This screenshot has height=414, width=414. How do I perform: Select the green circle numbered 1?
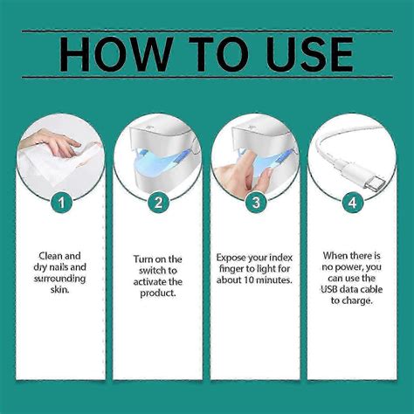pyautogui.click(x=60, y=203)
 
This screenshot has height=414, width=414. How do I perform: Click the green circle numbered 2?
pyautogui.click(x=158, y=203)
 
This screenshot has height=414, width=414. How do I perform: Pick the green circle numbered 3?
pyautogui.click(x=255, y=203)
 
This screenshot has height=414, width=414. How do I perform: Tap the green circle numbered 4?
pyautogui.click(x=352, y=203)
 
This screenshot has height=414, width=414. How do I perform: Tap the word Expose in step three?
pyautogui.click(x=233, y=259)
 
